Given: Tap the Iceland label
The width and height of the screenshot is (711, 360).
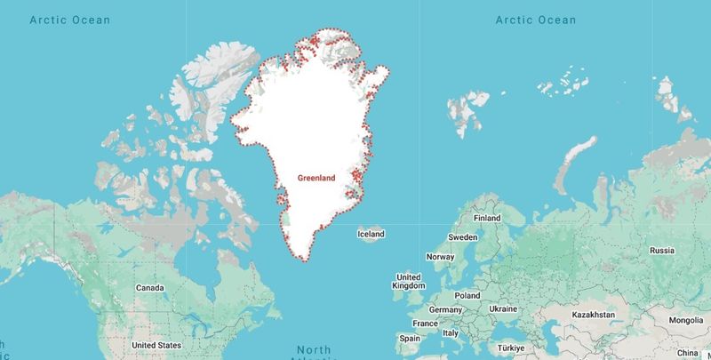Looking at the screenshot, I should point(371,235).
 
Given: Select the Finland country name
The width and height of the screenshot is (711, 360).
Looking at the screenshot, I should point(487,218).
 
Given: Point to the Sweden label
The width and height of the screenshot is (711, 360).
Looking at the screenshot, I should point(462,237).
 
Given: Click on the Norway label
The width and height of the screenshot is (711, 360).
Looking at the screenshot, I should point(441,257).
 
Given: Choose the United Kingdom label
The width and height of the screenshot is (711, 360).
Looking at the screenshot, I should point(408,281).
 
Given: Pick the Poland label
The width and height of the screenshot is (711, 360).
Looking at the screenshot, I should point(467,295).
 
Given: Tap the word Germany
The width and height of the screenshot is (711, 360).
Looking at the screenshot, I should point(446,309).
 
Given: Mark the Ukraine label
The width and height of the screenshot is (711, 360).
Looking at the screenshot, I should point(505,308).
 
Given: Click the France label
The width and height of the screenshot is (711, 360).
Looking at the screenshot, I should point(425,324).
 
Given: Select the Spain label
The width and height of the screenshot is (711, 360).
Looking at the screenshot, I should point(410,339).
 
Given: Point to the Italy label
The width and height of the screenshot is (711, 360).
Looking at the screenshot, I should point(451,333).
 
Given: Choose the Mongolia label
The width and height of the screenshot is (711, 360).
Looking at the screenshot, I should point(685,320).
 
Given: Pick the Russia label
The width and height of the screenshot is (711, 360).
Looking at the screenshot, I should point(662,251).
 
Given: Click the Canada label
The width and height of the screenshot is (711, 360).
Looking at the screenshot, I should point(149,288).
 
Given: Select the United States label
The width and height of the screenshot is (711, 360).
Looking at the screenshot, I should point(156,345).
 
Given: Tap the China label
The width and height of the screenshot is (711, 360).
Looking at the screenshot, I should point(688,353).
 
